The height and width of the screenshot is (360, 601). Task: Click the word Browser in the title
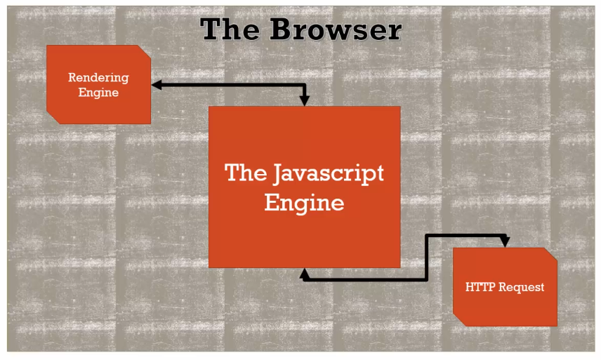(336, 29)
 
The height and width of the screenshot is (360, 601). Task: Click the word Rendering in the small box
(98, 77)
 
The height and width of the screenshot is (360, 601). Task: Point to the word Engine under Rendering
(98, 92)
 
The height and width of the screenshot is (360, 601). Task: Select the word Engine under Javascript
(304, 202)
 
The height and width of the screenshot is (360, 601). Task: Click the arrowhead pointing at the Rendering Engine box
(157, 85)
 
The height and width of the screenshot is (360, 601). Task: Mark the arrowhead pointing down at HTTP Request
(504, 242)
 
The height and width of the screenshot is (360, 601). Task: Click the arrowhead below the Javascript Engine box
(305, 274)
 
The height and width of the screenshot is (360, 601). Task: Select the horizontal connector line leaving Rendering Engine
(225, 85)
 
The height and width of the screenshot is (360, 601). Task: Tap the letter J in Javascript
(277, 173)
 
